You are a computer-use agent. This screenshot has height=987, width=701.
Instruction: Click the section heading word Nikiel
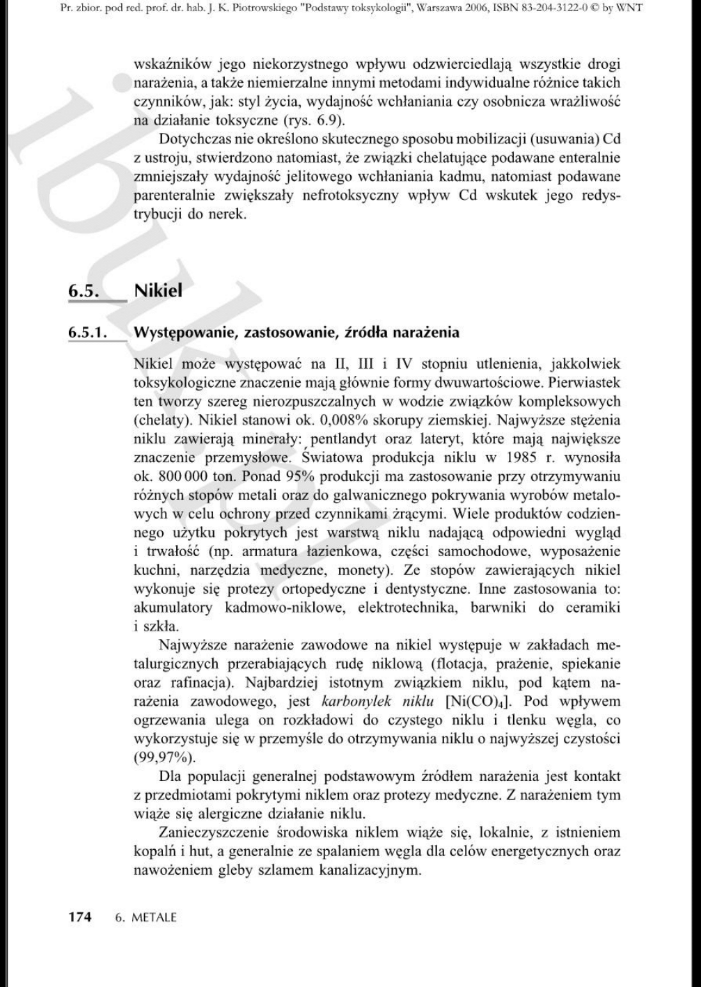158,291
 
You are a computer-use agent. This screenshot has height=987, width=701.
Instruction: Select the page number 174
79,917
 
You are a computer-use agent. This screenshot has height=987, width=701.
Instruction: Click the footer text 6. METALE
145,917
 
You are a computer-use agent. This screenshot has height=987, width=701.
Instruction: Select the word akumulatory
173,608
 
